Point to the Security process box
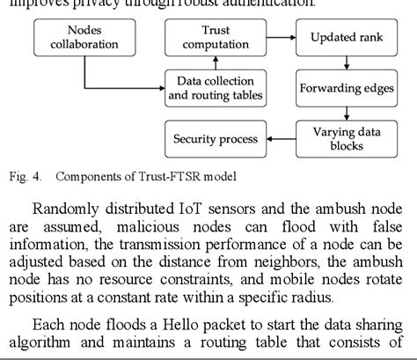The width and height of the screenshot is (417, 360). [215, 139]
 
